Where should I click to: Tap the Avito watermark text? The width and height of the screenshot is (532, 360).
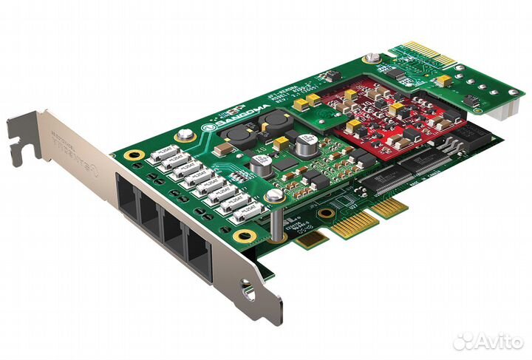pyautogui.click(x=497, y=341)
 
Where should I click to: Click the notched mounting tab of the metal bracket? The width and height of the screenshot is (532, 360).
pyautogui.click(x=22, y=137)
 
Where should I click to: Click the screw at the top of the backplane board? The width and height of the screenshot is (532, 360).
pyautogui.click(x=369, y=59)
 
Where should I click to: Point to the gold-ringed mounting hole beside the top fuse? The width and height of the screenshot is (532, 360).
pyautogui.click(x=134, y=156)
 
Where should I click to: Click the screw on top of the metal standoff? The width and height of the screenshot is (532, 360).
pyautogui.click(x=274, y=195)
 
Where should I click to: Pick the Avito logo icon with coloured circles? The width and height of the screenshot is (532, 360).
pyautogui.click(x=463, y=341)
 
